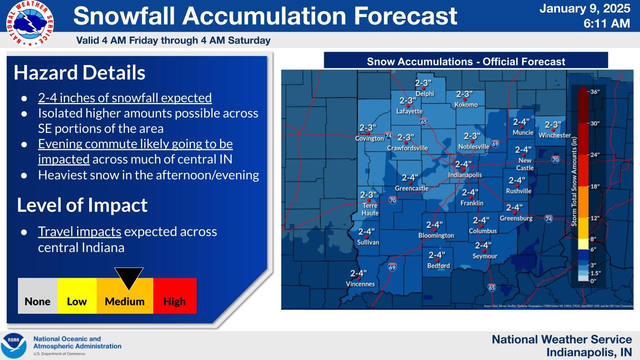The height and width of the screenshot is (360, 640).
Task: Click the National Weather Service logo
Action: tap(30, 23)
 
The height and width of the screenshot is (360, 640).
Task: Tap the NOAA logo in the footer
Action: tap(14, 345)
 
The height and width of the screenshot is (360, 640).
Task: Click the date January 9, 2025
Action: tap(585, 9)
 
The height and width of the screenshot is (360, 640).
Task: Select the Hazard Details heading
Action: tap(80, 73)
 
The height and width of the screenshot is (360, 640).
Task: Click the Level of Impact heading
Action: tap(82, 205)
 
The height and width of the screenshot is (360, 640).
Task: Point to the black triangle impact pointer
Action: tap(129, 277)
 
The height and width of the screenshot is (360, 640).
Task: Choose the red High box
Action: tap(175, 296)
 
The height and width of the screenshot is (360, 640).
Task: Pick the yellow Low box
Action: tap(77, 296)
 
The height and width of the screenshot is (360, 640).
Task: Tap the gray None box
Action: tap(37, 296)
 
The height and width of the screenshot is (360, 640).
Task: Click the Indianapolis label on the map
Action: tap(465, 175)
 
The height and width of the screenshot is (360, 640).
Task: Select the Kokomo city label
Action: tap(466, 105)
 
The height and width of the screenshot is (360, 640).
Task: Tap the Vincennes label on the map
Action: tap(360, 284)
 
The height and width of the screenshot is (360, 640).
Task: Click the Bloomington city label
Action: tap(436, 235)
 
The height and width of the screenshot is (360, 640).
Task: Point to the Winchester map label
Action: tap(555, 135)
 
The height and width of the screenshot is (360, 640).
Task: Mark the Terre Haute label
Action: tap(370, 209)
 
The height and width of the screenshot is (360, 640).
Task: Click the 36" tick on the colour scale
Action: tap(595, 92)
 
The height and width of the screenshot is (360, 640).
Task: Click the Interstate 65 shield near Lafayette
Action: tap(424, 122)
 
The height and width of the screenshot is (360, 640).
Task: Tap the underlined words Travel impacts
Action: tap(80, 232)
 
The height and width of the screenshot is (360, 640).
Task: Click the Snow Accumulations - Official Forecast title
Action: tap(466, 62)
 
